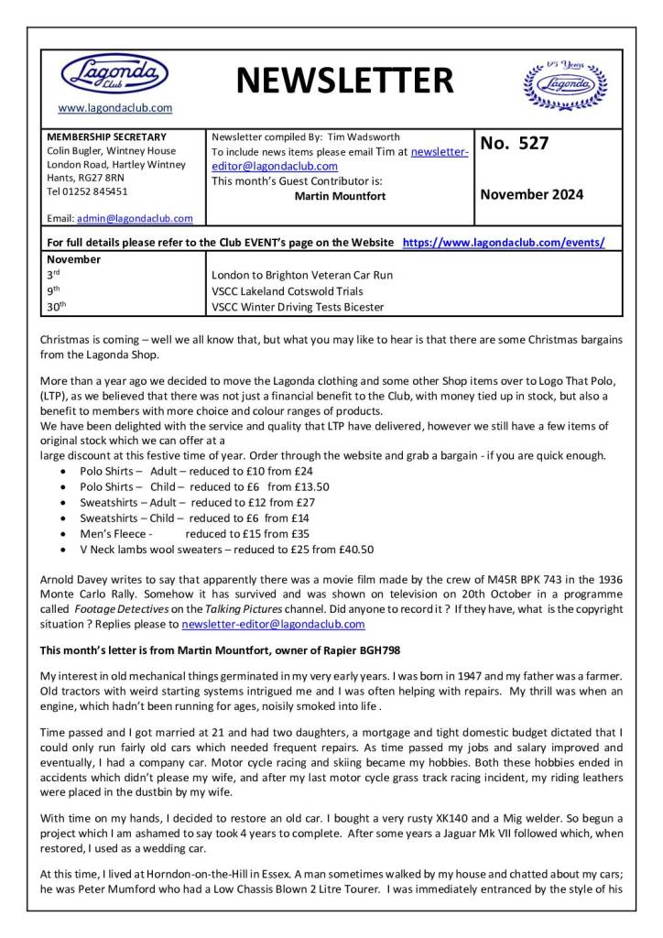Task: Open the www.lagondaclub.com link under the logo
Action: tap(114, 108)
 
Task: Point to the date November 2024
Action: tap(531, 194)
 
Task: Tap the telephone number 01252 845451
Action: tap(94, 191)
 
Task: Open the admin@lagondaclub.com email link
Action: tap(135, 218)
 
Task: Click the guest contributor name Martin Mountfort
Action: tap(340, 196)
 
